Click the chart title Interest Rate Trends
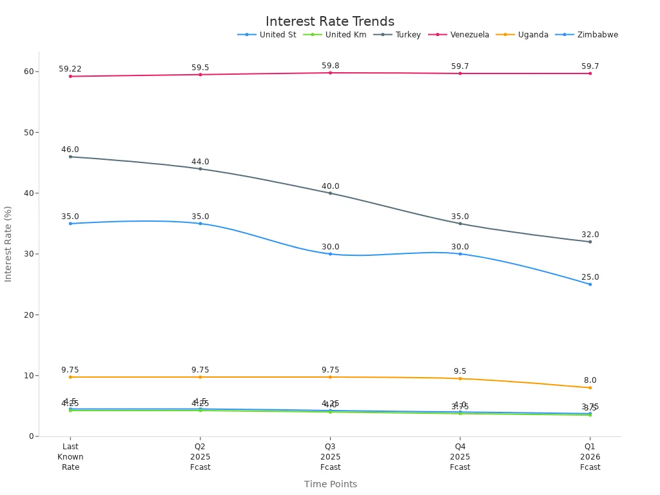pyautogui.click(x=329, y=22)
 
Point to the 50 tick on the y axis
pyautogui.click(x=29, y=133)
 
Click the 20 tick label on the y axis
pyautogui.click(x=29, y=315)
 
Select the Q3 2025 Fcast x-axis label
pyautogui.click(x=330, y=456)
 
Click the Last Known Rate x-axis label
pyautogui.click(x=70, y=456)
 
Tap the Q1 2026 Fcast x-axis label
pyautogui.click(x=590, y=456)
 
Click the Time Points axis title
pyautogui.click(x=330, y=484)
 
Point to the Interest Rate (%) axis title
pyautogui.click(x=8, y=244)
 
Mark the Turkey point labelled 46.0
pyautogui.click(x=70, y=157)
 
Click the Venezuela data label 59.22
pyautogui.click(x=70, y=69)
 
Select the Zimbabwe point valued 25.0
pyautogui.click(x=590, y=284)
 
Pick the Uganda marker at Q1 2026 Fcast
pyautogui.click(x=590, y=387)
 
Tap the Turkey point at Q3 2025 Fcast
pyautogui.click(x=330, y=193)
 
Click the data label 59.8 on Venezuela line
pyautogui.click(x=330, y=66)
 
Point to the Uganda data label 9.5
pyautogui.click(x=460, y=371)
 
